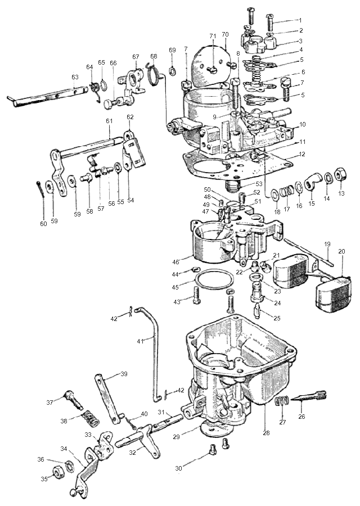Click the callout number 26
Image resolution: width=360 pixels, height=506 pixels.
pos(301,416)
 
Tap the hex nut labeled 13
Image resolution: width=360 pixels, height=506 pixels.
pos(340,175)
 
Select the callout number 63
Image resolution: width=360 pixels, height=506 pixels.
pos(75,77)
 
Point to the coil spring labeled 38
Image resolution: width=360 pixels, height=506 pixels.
pos(90,418)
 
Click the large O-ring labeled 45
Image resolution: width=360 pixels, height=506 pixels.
pos(215,279)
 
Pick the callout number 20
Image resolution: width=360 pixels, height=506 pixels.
pos(341,251)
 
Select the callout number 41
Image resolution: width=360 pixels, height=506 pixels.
pos(139,341)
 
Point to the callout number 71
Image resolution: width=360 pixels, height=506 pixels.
pos(213,36)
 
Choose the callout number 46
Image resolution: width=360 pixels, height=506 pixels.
pos(175,262)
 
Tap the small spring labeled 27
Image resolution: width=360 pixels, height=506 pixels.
pos(282,401)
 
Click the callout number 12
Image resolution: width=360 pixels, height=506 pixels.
pos(302,154)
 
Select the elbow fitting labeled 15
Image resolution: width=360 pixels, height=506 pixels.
pos(312,182)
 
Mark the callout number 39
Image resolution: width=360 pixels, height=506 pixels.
pos(124,374)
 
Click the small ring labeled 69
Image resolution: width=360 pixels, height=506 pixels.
pos(173,70)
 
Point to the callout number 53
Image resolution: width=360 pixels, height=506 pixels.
pos(259,184)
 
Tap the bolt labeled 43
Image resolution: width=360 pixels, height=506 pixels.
pos(196,295)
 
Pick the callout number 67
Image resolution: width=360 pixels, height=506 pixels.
pos(136,57)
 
